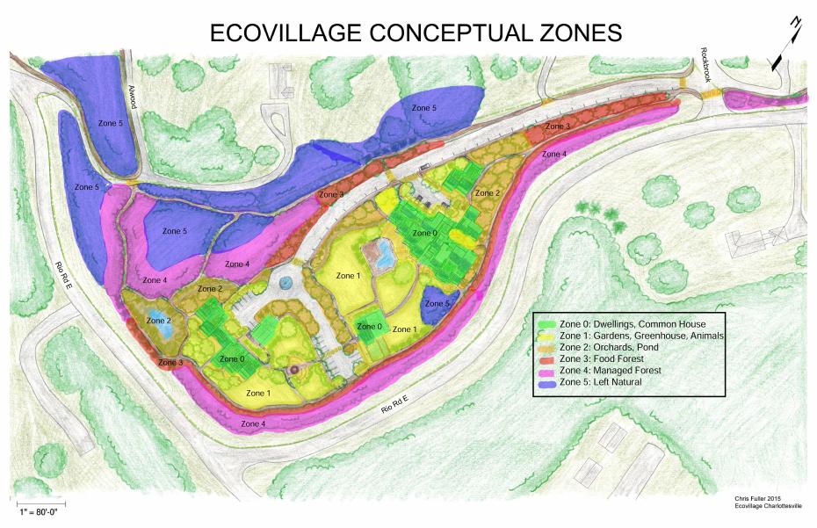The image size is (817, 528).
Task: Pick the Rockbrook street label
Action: (x=705, y=65)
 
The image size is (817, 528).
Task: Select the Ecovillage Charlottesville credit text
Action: (x=764, y=505)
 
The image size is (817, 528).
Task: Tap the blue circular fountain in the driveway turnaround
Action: (x=286, y=282)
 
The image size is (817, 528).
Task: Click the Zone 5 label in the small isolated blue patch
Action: (x=439, y=304)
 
